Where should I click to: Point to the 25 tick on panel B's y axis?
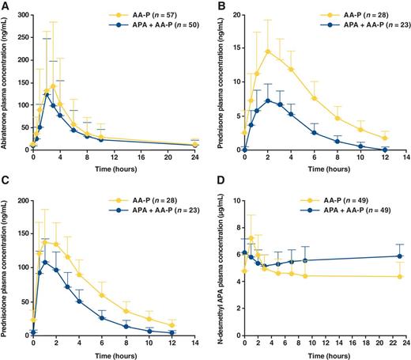(x=231, y=13)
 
